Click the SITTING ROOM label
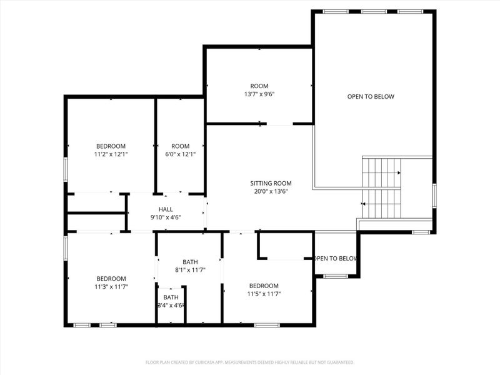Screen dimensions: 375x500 pos(271,183)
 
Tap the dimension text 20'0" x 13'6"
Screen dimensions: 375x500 pos(271,192)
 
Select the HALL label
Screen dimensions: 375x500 pos(166,209)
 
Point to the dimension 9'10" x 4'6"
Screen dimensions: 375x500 pos(166,217)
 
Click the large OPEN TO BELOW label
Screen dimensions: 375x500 pos(371,96)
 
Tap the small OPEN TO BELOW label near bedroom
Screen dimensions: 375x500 pos(336,258)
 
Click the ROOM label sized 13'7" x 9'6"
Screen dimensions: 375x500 pos(259,86)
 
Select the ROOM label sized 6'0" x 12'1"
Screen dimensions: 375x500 pos(180,146)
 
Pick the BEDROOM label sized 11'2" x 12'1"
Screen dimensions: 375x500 pos(111,146)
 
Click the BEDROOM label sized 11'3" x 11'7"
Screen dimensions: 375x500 pos(111,278)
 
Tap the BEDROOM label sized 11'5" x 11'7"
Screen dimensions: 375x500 pos(263,285)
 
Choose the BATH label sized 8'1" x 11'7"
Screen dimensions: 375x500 pos(190,262)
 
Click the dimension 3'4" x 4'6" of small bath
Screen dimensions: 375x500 pos(171,305)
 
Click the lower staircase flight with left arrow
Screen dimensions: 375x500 pos(381,203)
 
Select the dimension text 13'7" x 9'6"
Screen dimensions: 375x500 pos(259,94)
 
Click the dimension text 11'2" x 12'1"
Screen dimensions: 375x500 pos(111,154)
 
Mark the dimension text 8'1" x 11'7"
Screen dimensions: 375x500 pos(190,270)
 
